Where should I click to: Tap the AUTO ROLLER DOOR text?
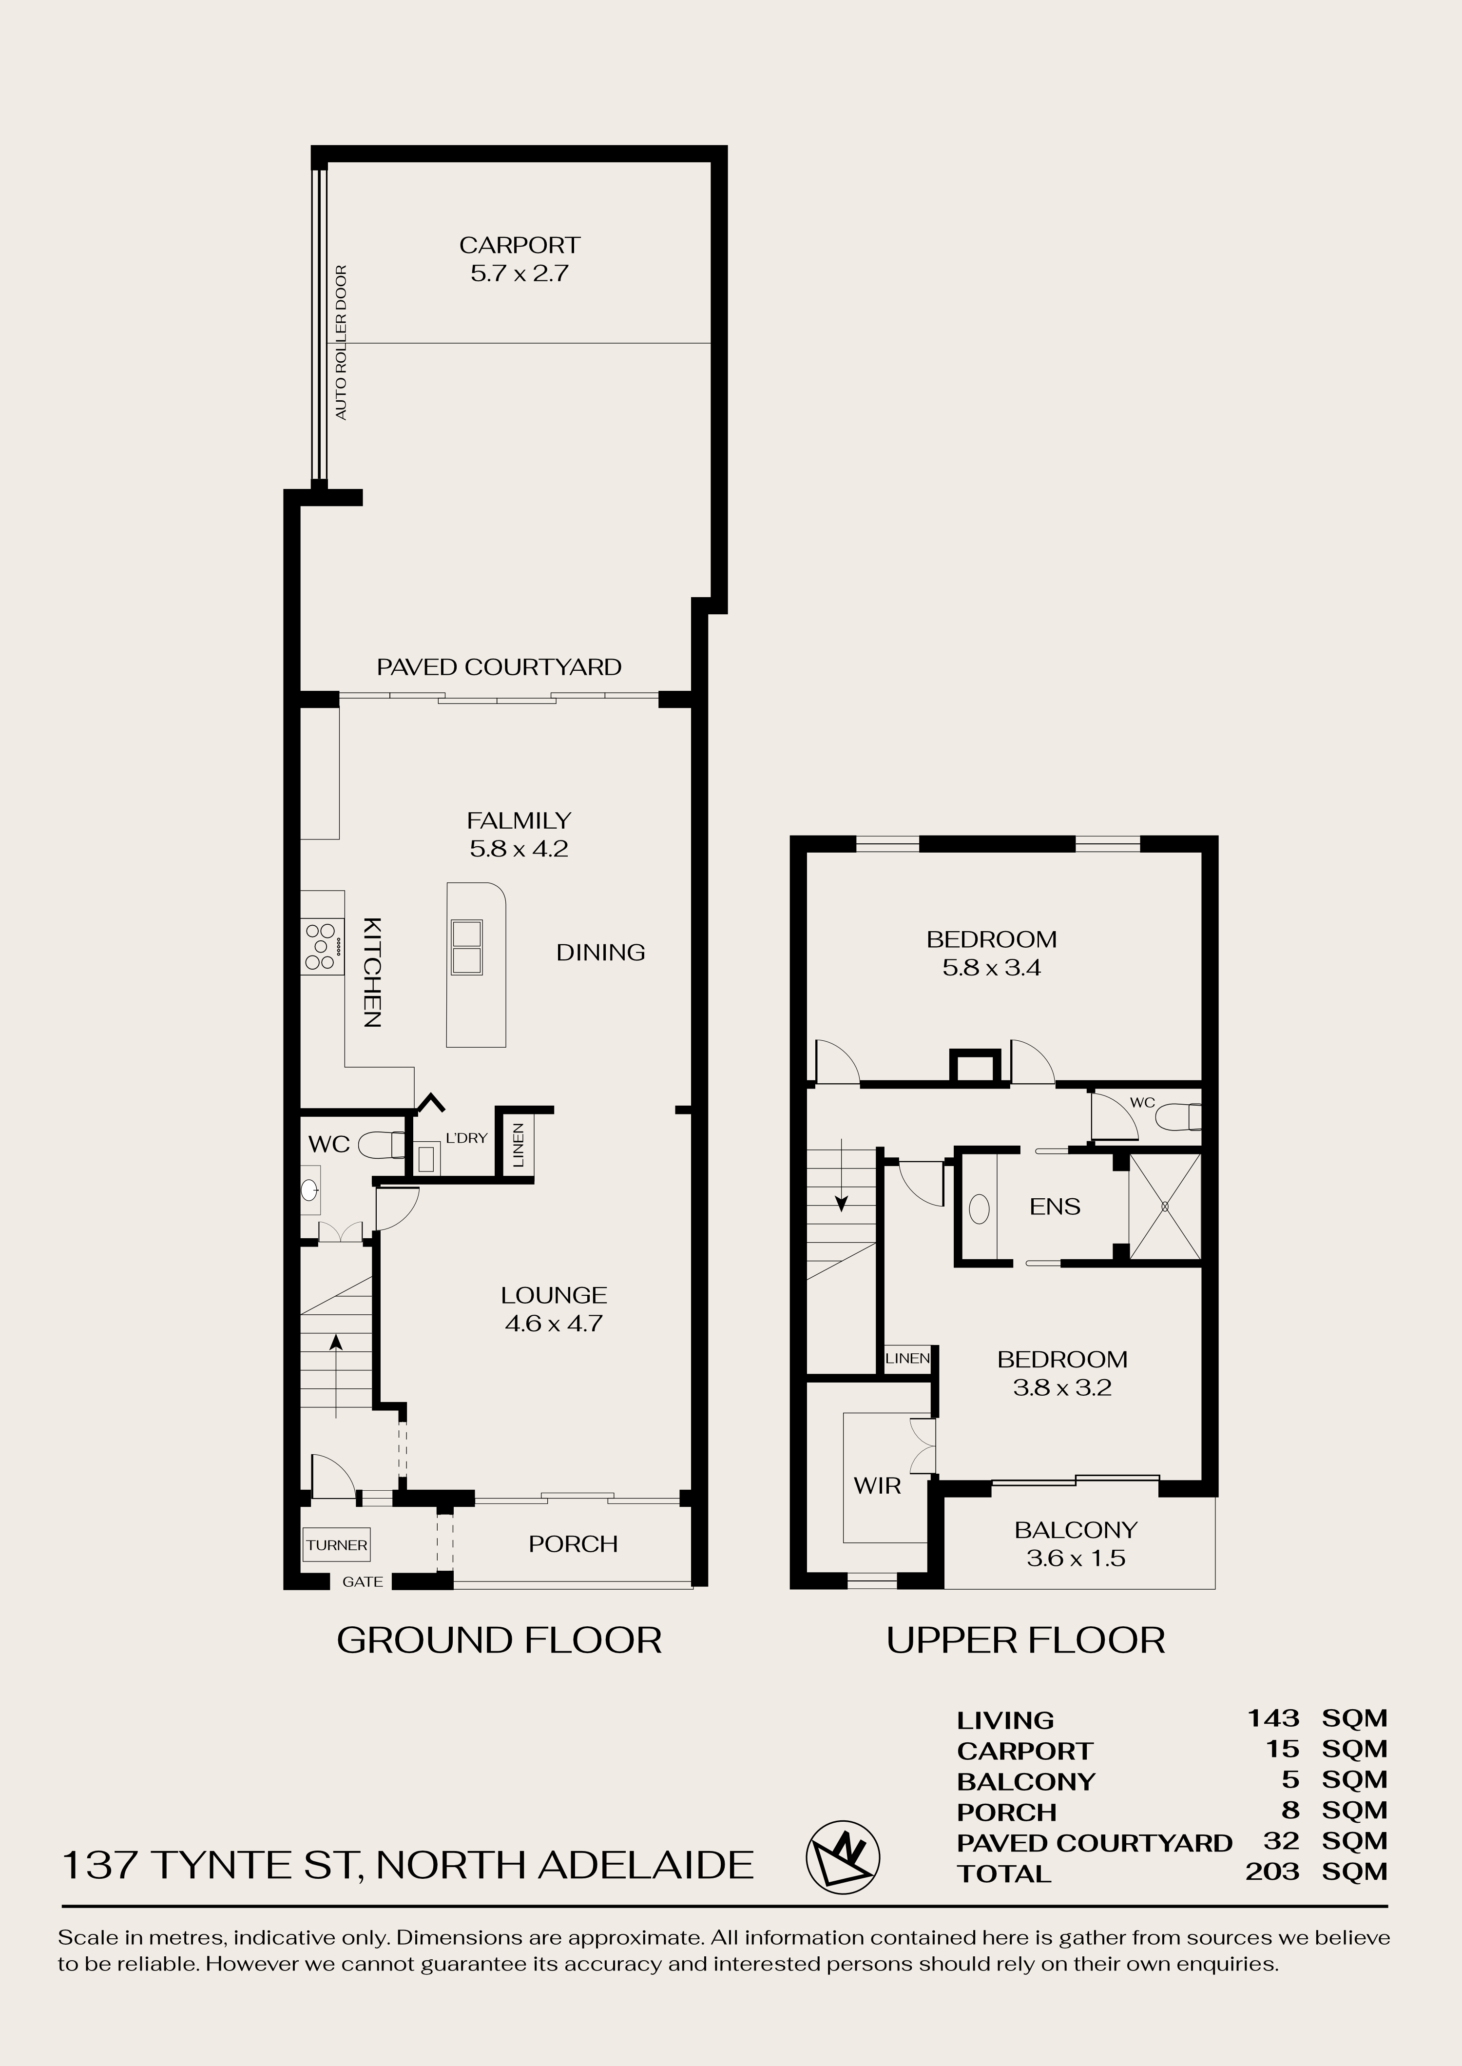(341, 342)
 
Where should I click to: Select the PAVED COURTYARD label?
(499, 667)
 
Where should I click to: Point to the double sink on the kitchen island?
(466, 947)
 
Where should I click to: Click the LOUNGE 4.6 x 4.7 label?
(554, 1309)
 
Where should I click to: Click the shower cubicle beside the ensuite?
(1165, 1207)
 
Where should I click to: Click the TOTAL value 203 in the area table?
(1272, 1871)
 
